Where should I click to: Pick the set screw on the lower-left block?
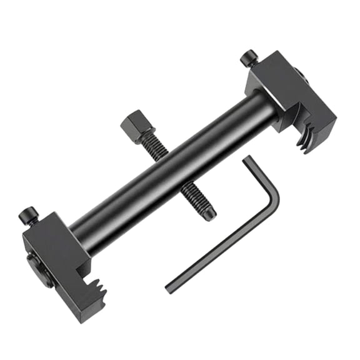click(29, 216)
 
